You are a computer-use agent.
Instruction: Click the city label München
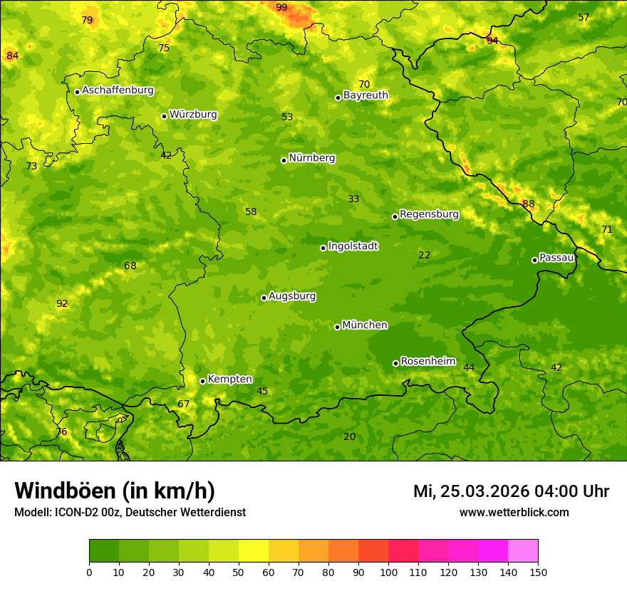click(365, 325)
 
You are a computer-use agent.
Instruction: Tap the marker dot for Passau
click(534, 260)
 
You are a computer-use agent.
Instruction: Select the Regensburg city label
click(429, 214)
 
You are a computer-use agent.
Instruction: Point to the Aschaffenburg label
click(118, 90)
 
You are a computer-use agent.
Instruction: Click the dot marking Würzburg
click(164, 116)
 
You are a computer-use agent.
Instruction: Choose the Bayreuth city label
click(366, 95)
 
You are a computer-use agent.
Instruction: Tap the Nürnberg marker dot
click(284, 160)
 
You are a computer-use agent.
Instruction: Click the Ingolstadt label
click(353, 246)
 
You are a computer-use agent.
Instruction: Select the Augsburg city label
click(292, 296)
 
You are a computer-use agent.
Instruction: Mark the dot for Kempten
click(202, 381)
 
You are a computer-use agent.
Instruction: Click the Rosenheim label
click(427, 362)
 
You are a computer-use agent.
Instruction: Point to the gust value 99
click(281, 8)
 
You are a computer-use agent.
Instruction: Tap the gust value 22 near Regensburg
click(425, 256)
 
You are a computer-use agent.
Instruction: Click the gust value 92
click(62, 304)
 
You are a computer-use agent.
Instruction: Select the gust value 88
click(528, 204)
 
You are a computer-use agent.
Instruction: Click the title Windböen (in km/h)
click(115, 491)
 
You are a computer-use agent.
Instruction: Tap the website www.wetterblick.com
click(514, 513)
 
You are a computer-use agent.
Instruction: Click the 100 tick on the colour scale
click(388, 572)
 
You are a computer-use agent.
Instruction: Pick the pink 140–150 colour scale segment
click(523, 550)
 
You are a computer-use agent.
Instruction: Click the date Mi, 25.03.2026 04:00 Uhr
click(511, 491)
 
